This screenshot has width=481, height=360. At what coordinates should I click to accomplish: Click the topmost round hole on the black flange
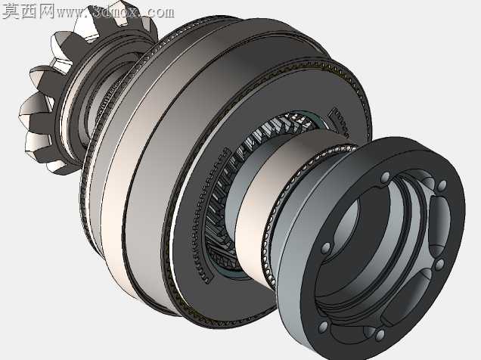[x=385, y=178]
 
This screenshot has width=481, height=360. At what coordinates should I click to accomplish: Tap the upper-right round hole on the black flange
[x=442, y=185]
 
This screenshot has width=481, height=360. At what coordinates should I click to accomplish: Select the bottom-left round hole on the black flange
[x=323, y=327]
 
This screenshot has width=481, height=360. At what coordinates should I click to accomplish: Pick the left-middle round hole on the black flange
[x=325, y=248]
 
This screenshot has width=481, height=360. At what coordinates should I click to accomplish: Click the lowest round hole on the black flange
[x=380, y=334]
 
